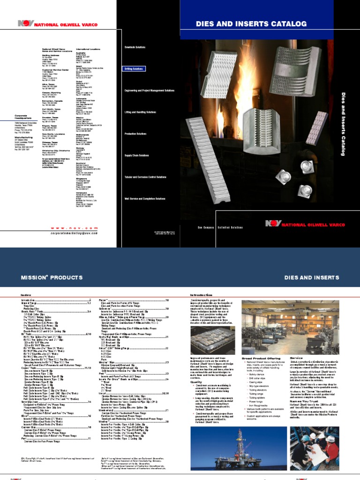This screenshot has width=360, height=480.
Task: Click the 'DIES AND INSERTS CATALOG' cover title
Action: coord(251,23)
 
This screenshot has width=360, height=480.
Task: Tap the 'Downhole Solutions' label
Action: coord(135,47)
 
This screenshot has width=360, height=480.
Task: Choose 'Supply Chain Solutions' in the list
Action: coord(136,155)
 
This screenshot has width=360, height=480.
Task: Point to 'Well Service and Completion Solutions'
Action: coord(144,199)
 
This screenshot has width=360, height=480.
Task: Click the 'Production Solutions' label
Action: coord(135,134)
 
